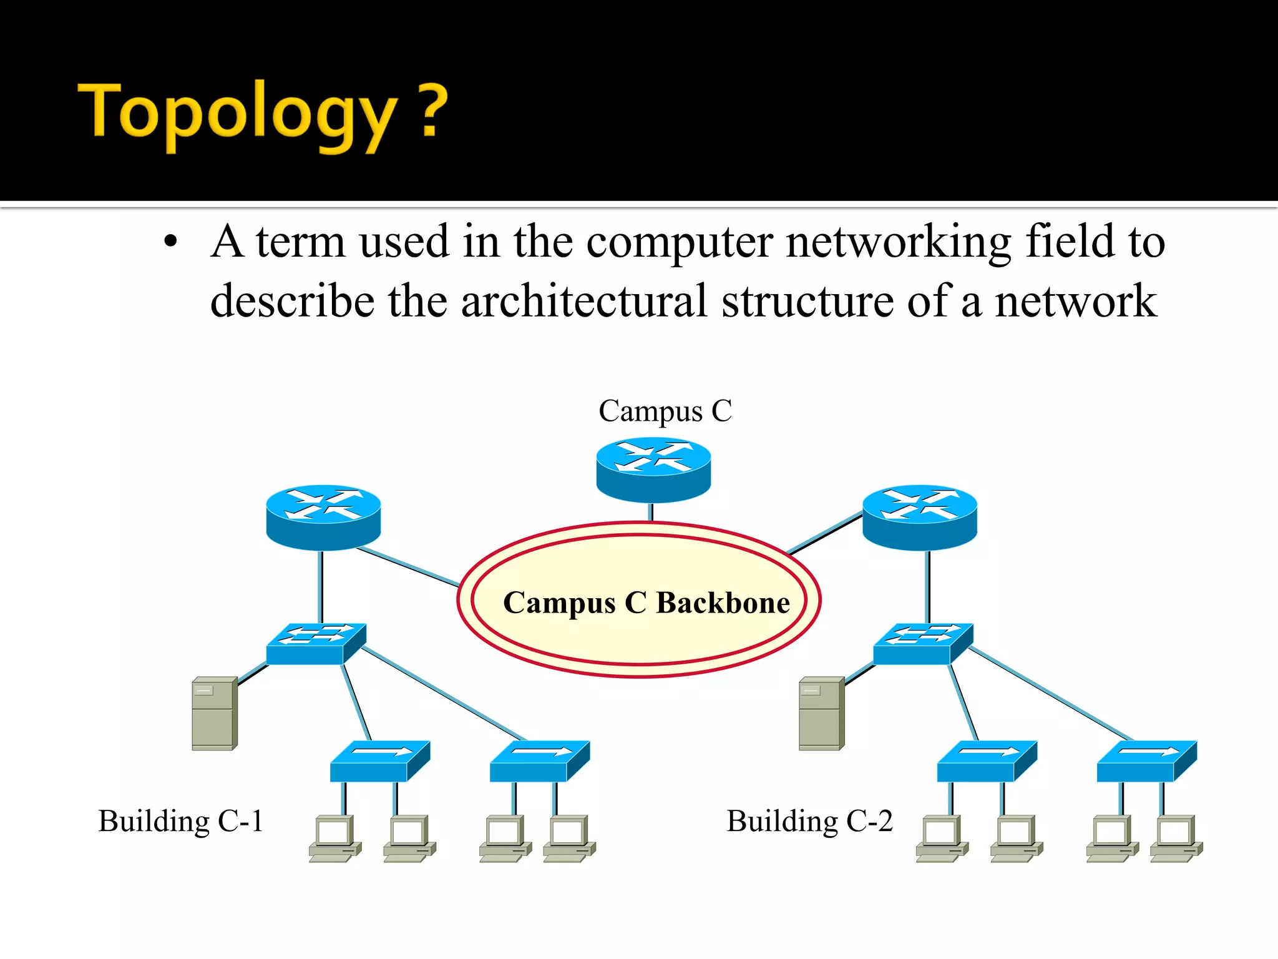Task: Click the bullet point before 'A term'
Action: click(170, 242)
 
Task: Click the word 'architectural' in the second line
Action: click(584, 302)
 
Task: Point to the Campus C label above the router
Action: click(665, 411)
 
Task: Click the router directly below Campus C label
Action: click(653, 470)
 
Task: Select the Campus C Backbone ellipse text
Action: click(646, 603)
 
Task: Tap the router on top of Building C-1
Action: click(323, 517)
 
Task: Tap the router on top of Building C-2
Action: click(919, 517)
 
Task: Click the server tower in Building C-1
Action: click(214, 713)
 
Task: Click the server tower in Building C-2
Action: click(821, 713)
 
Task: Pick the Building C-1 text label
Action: click(180, 821)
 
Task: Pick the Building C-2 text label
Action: click(809, 821)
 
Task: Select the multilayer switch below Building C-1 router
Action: click(316, 643)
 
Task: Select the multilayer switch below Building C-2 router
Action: click(923, 643)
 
